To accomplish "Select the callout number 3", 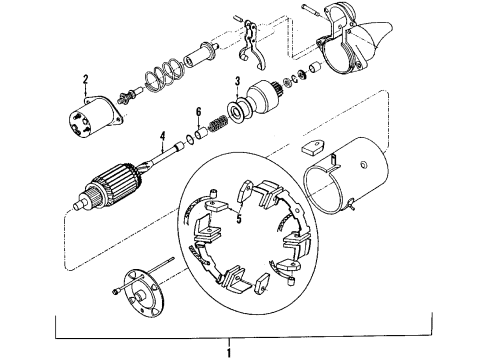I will coord(237,80).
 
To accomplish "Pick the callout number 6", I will coord(199,111).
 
